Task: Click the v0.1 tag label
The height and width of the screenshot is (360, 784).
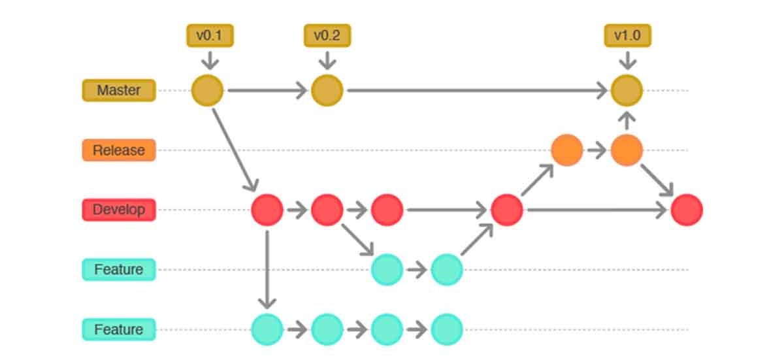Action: (210, 35)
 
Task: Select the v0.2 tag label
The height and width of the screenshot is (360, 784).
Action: (327, 35)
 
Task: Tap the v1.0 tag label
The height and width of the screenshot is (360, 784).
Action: (628, 35)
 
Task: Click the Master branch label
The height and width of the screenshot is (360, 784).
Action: (119, 90)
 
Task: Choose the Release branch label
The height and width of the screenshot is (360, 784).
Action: (119, 150)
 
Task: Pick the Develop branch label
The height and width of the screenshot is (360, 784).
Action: (119, 210)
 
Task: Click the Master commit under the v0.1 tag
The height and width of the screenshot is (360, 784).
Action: (207, 90)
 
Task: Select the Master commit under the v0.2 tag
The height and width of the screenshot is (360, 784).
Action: (327, 90)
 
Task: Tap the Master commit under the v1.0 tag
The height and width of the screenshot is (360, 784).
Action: (627, 90)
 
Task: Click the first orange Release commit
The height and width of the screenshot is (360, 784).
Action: (566, 150)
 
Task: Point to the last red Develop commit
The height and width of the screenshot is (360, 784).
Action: (687, 210)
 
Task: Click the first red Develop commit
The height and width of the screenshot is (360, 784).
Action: (267, 210)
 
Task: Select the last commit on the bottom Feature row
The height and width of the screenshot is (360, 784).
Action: (447, 329)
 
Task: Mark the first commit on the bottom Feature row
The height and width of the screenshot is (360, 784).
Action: (267, 329)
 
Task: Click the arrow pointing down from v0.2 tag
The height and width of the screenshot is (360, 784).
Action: (327, 60)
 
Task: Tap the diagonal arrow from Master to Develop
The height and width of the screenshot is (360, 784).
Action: (235, 150)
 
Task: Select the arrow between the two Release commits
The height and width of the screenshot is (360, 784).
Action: (596, 150)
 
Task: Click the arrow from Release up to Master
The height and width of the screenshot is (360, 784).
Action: (627, 121)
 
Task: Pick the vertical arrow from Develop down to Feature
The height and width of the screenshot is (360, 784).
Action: (267, 269)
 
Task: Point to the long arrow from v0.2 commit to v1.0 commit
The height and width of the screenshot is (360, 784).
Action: (478, 90)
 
